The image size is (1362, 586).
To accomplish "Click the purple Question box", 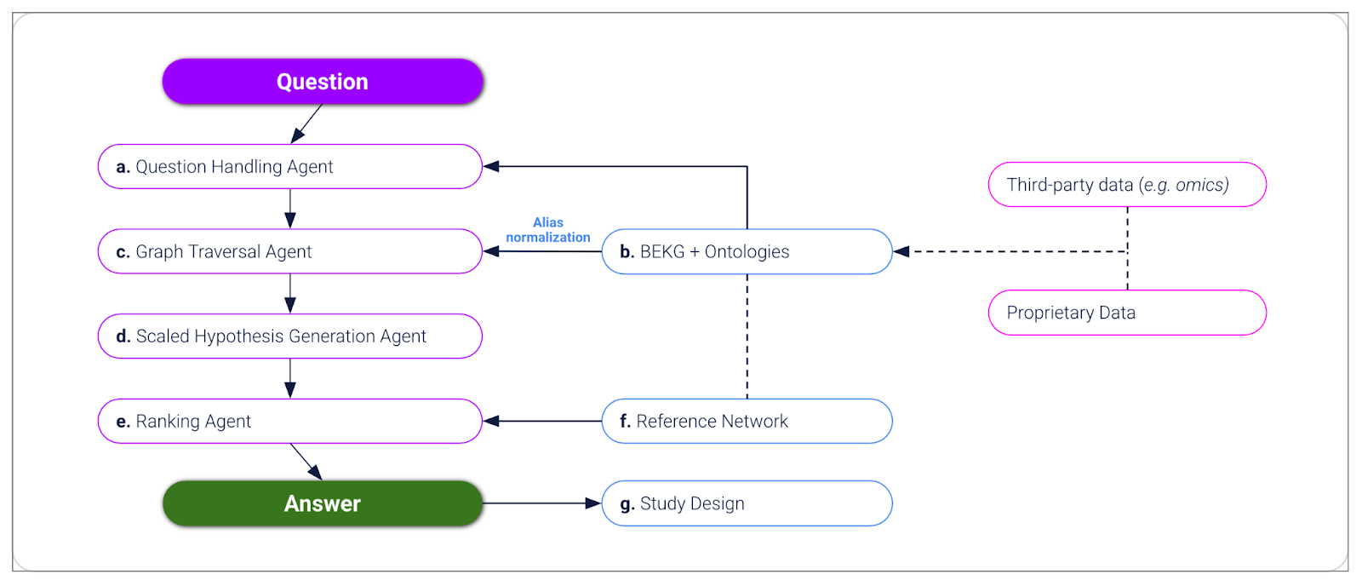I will (323, 82).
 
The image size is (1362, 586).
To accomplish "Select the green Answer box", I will (323, 503).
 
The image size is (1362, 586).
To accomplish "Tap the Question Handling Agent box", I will (289, 167).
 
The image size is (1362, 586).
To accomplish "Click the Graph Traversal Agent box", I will (289, 251).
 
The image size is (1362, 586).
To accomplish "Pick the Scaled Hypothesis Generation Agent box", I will (289, 336).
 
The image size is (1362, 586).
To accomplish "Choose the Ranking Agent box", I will (289, 421).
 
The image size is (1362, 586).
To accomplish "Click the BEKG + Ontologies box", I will (747, 251).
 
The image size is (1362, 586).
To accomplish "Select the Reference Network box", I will (747, 421).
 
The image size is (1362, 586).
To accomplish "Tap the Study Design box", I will (747, 503).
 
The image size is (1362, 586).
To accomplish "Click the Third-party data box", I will (1127, 185).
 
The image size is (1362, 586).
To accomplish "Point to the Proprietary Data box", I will (1127, 313).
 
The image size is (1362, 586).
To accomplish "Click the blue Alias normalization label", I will (548, 230).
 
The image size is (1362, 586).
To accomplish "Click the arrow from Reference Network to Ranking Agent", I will (542, 421).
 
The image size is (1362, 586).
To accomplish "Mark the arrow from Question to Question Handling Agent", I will (306, 124).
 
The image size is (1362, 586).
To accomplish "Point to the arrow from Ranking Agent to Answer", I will (306, 462).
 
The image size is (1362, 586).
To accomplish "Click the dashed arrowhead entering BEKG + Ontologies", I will (901, 251).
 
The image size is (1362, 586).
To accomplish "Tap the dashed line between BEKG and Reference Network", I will (747, 336).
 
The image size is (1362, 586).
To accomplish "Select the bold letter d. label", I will (123, 336).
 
